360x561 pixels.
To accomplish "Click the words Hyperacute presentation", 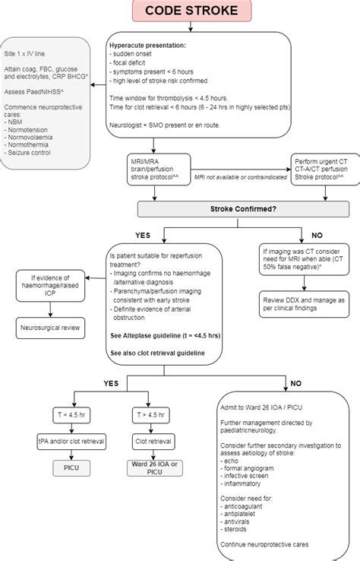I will pos(147,45).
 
